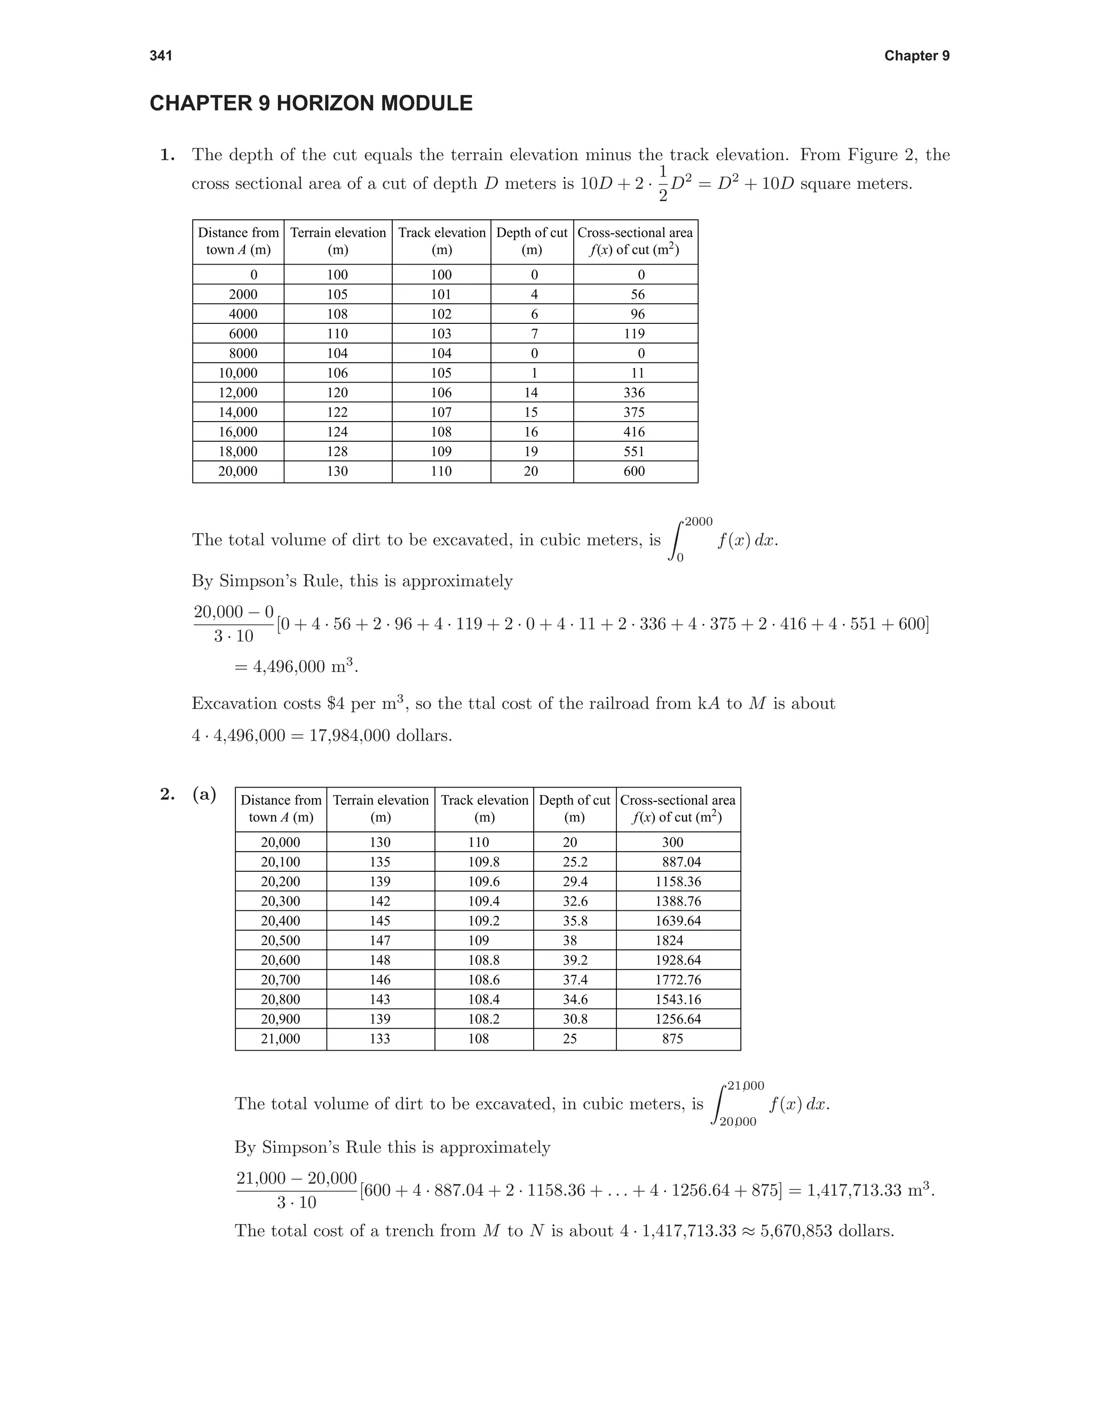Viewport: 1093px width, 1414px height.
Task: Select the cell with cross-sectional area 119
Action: click(x=635, y=333)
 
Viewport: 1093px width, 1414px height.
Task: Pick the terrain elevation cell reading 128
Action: click(x=337, y=451)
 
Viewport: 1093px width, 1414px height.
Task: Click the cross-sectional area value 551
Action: click(x=635, y=451)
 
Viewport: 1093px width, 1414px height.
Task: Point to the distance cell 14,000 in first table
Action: click(x=237, y=412)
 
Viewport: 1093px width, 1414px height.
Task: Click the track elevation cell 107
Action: click(x=441, y=412)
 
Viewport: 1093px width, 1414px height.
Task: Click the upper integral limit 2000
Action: click(x=698, y=522)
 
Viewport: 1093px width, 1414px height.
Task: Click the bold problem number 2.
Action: click(x=167, y=795)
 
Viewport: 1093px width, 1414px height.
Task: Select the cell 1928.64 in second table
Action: click(x=677, y=959)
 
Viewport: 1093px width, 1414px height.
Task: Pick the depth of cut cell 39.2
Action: click(x=574, y=959)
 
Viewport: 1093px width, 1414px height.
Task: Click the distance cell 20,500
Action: click(x=280, y=940)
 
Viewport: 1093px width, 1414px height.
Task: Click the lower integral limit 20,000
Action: click(x=738, y=1122)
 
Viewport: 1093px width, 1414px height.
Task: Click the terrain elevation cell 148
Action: click(x=380, y=959)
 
